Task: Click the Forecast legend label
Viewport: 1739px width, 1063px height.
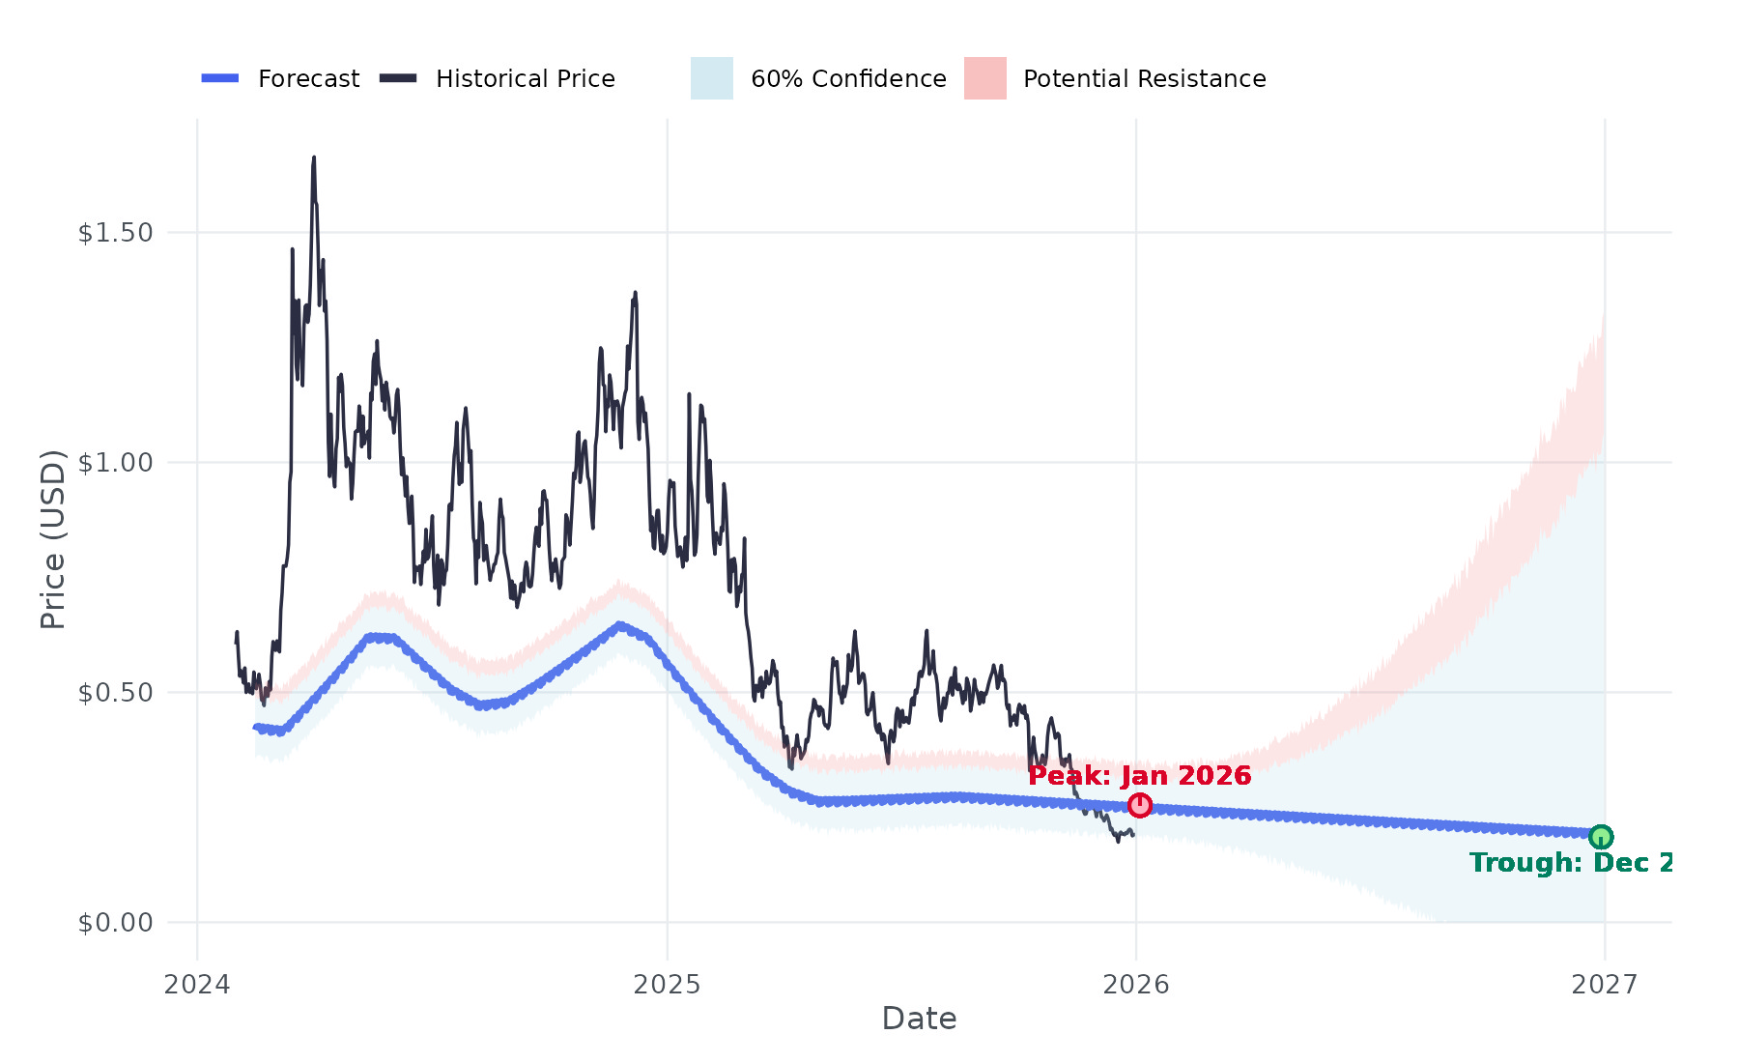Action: (x=308, y=78)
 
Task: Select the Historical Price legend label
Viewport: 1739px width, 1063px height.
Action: (x=525, y=78)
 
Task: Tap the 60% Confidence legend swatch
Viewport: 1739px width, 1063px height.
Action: (x=711, y=78)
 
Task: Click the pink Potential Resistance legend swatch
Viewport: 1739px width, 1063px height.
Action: (x=984, y=78)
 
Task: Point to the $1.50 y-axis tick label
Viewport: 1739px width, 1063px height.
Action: (x=115, y=233)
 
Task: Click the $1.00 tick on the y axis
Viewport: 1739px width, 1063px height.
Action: (x=115, y=463)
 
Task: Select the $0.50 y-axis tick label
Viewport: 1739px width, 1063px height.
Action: (x=115, y=693)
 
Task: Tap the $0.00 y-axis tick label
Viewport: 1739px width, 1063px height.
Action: (x=115, y=923)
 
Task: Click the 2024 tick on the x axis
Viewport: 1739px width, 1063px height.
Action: (x=197, y=985)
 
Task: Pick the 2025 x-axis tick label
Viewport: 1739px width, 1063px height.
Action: (x=667, y=985)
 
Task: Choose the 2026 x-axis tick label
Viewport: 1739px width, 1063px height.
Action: (x=1136, y=985)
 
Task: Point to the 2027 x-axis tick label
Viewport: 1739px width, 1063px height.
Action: (x=1605, y=985)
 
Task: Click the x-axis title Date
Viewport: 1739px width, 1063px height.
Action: (x=919, y=1019)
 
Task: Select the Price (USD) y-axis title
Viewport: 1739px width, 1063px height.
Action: (x=52, y=539)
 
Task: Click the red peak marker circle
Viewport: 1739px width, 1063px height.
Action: (x=1140, y=805)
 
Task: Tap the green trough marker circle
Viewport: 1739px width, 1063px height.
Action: (x=1601, y=837)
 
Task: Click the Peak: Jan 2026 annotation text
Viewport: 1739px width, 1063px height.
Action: (x=1139, y=776)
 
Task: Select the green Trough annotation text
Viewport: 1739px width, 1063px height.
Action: (x=1570, y=863)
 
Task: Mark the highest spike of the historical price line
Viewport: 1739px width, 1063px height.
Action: (x=313, y=158)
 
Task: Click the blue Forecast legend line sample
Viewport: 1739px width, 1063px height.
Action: (x=220, y=78)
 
